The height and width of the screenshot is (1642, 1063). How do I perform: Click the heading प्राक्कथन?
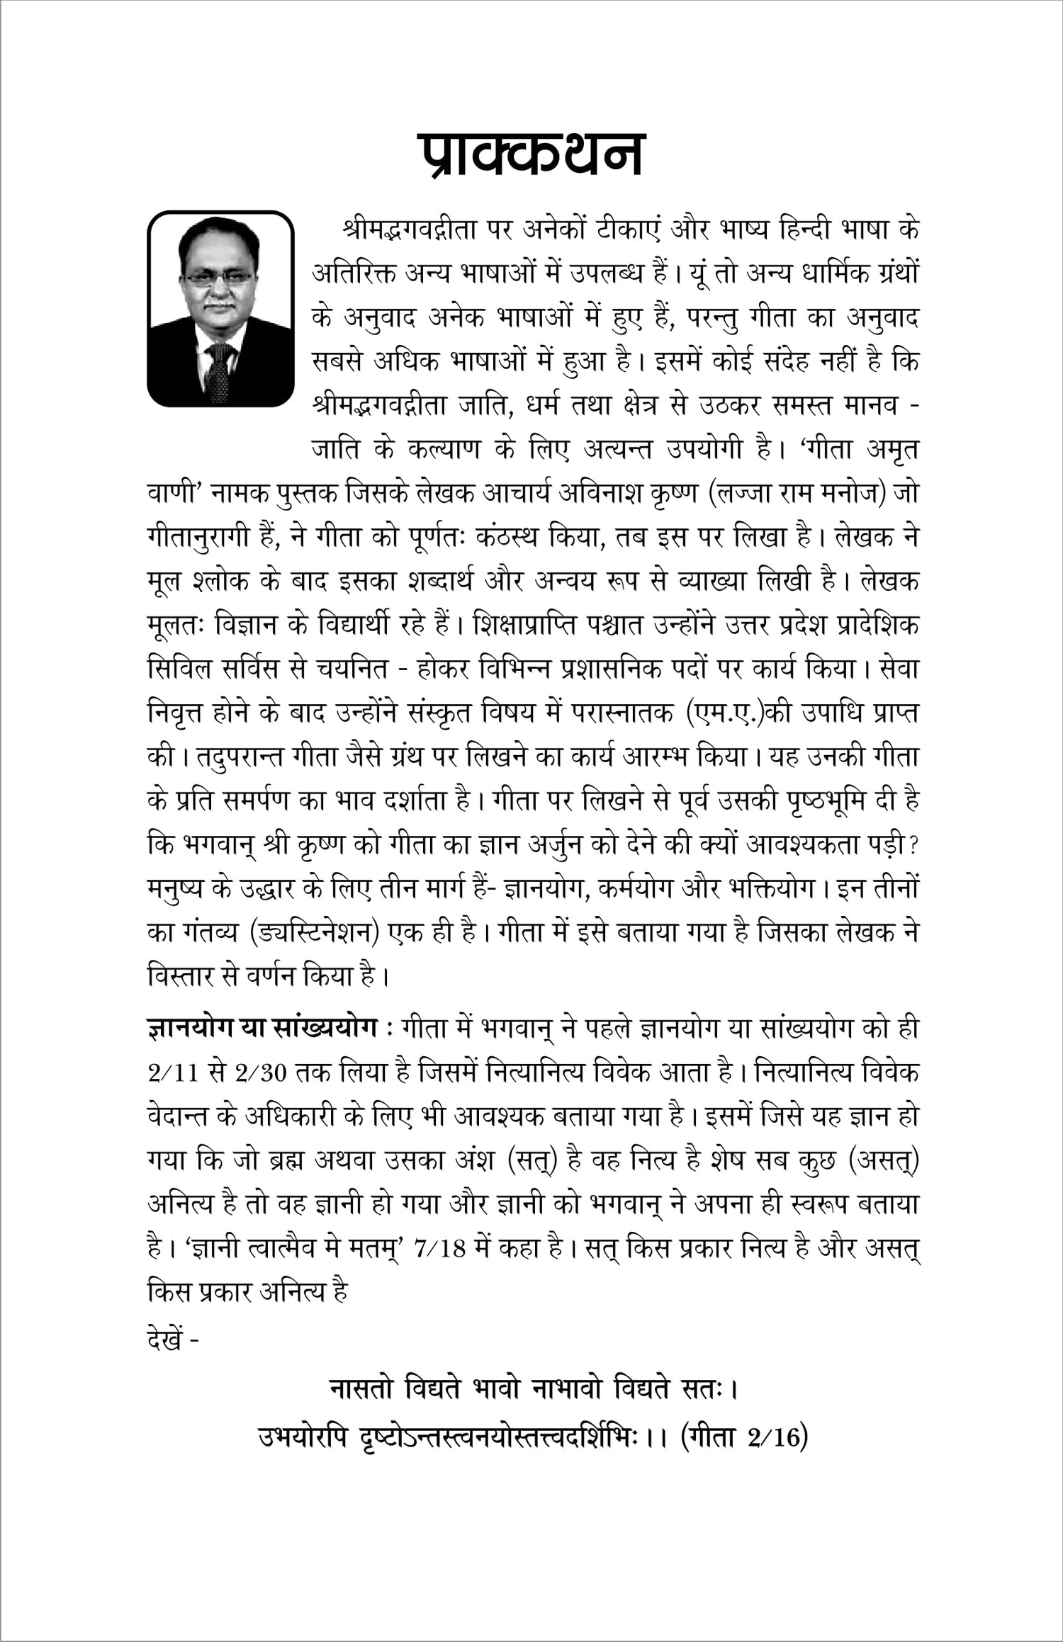click(530, 154)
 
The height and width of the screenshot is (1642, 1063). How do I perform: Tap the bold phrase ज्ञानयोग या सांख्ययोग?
click(261, 1028)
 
